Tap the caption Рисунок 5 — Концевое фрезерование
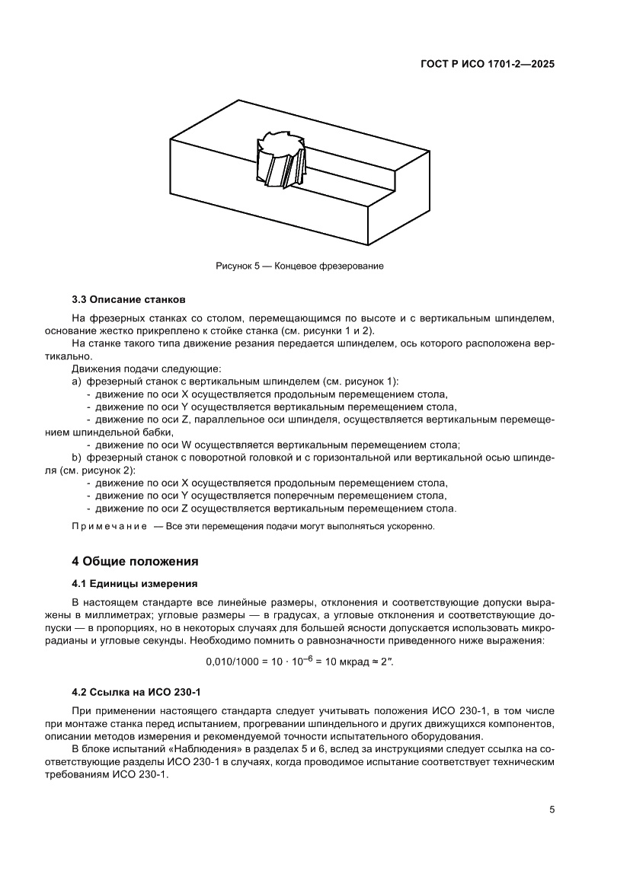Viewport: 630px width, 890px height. tap(299, 266)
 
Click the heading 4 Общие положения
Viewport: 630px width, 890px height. tap(135, 562)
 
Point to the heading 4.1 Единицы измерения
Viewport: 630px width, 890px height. tap(135, 584)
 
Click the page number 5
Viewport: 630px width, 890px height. tap(551, 809)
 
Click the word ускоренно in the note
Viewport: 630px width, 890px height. tap(411, 526)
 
